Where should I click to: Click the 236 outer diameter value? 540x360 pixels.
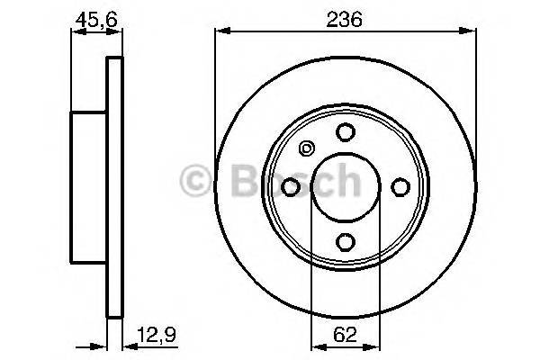tap(345, 19)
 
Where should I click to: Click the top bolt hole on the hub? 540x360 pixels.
tap(345, 131)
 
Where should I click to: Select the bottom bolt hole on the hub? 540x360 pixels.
tap(345, 241)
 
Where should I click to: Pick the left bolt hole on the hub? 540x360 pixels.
tap(290, 186)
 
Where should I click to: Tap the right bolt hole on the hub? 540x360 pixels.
tap(400, 186)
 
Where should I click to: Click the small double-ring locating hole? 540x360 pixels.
tap(306, 149)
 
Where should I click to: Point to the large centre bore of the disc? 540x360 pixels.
tap(345, 186)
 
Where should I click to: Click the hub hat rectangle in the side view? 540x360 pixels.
tap(89, 187)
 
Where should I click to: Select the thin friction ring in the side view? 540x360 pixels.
tap(113, 187)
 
